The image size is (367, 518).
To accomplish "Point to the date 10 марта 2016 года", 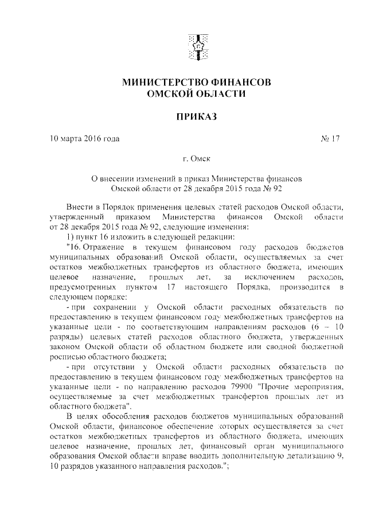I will pos(85,139).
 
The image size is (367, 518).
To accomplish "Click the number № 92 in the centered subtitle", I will pos(276,187).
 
